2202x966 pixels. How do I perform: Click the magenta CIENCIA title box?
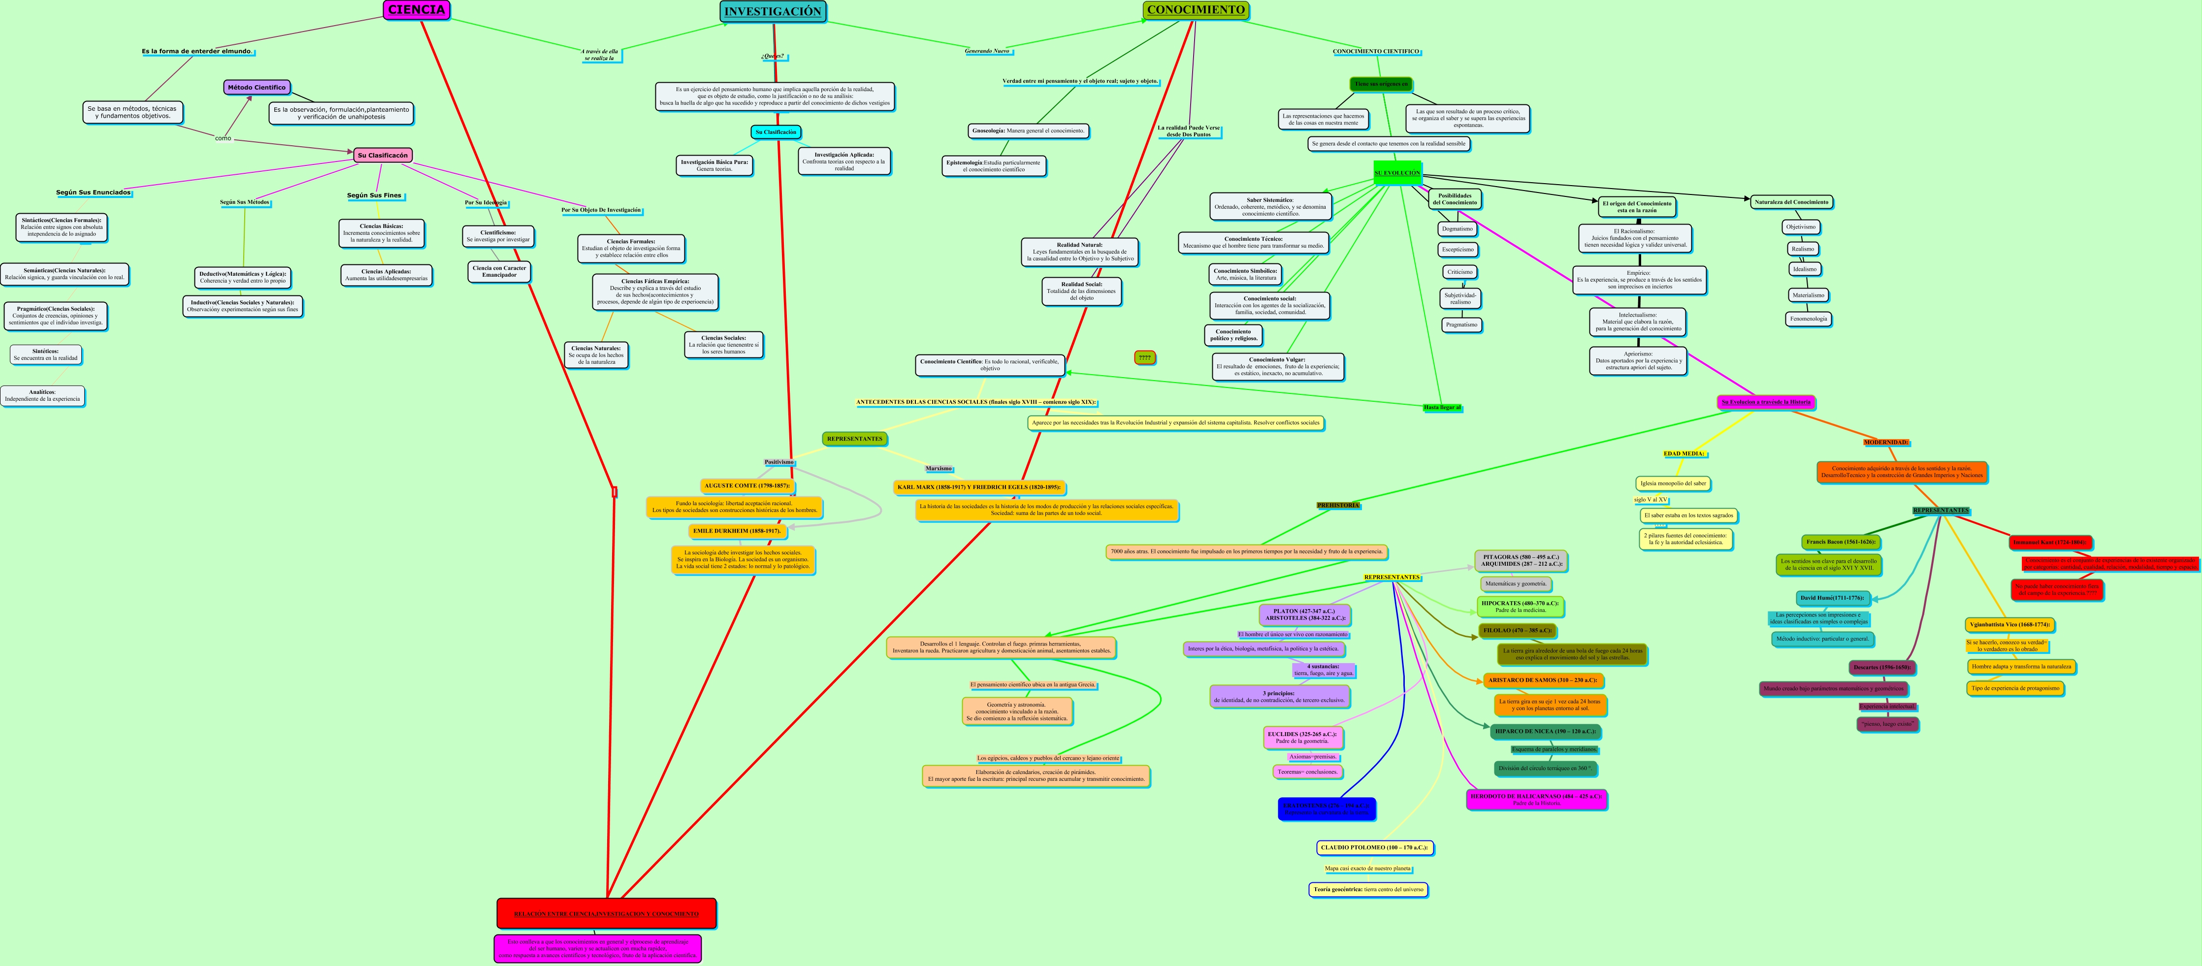[416, 10]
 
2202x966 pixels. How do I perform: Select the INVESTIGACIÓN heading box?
[773, 12]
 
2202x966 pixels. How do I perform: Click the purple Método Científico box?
[257, 87]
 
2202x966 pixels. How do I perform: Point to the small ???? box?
[1145, 357]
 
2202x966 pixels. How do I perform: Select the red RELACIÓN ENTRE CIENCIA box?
[606, 913]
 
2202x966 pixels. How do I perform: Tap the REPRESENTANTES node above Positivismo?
[854, 439]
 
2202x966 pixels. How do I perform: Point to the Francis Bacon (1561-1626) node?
[1841, 542]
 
